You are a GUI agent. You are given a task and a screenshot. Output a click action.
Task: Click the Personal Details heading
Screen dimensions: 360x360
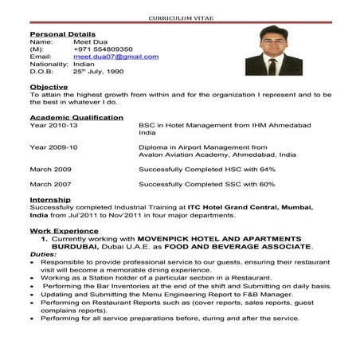(x=62, y=34)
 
